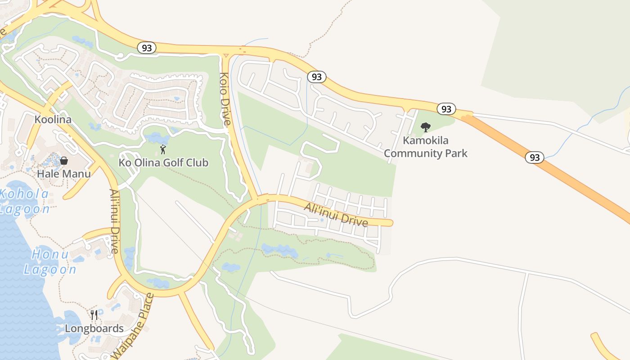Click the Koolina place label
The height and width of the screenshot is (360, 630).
pyautogui.click(x=53, y=120)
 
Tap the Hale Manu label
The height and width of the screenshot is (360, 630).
pyautogui.click(x=63, y=174)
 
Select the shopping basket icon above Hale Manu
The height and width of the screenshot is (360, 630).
pyautogui.click(x=64, y=161)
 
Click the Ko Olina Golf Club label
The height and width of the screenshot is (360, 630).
pyautogui.click(x=163, y=162)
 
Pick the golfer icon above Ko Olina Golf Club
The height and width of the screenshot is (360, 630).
pyautogui.click(x=163, y=149)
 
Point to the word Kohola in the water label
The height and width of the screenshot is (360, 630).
pyautogui.click(x=24, y=194)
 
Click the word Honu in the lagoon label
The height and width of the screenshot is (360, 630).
pyautogui.click(x=50, y=254)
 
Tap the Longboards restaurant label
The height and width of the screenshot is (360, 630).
pyautogui.click(x=94, y=328)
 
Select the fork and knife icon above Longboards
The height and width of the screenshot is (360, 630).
pyautogui.click(x=94, y=315)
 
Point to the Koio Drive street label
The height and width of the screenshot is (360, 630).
pyautogui.click(x=225, y=99)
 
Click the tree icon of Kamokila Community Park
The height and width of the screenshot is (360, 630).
pyautogui.click(x=425, y=127)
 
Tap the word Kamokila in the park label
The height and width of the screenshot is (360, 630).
pyautogui.click(x=425, y=140)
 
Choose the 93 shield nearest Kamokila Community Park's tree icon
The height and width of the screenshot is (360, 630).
pyautogui.click(x=446, y=109)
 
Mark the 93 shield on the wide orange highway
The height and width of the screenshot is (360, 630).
pyautogui.click(x=534, y=157)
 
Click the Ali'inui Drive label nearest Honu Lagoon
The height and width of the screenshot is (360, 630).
pyautogui.click(x=114, y=220)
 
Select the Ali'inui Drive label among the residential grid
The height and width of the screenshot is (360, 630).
pyautogui.click(x=336, y=215)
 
